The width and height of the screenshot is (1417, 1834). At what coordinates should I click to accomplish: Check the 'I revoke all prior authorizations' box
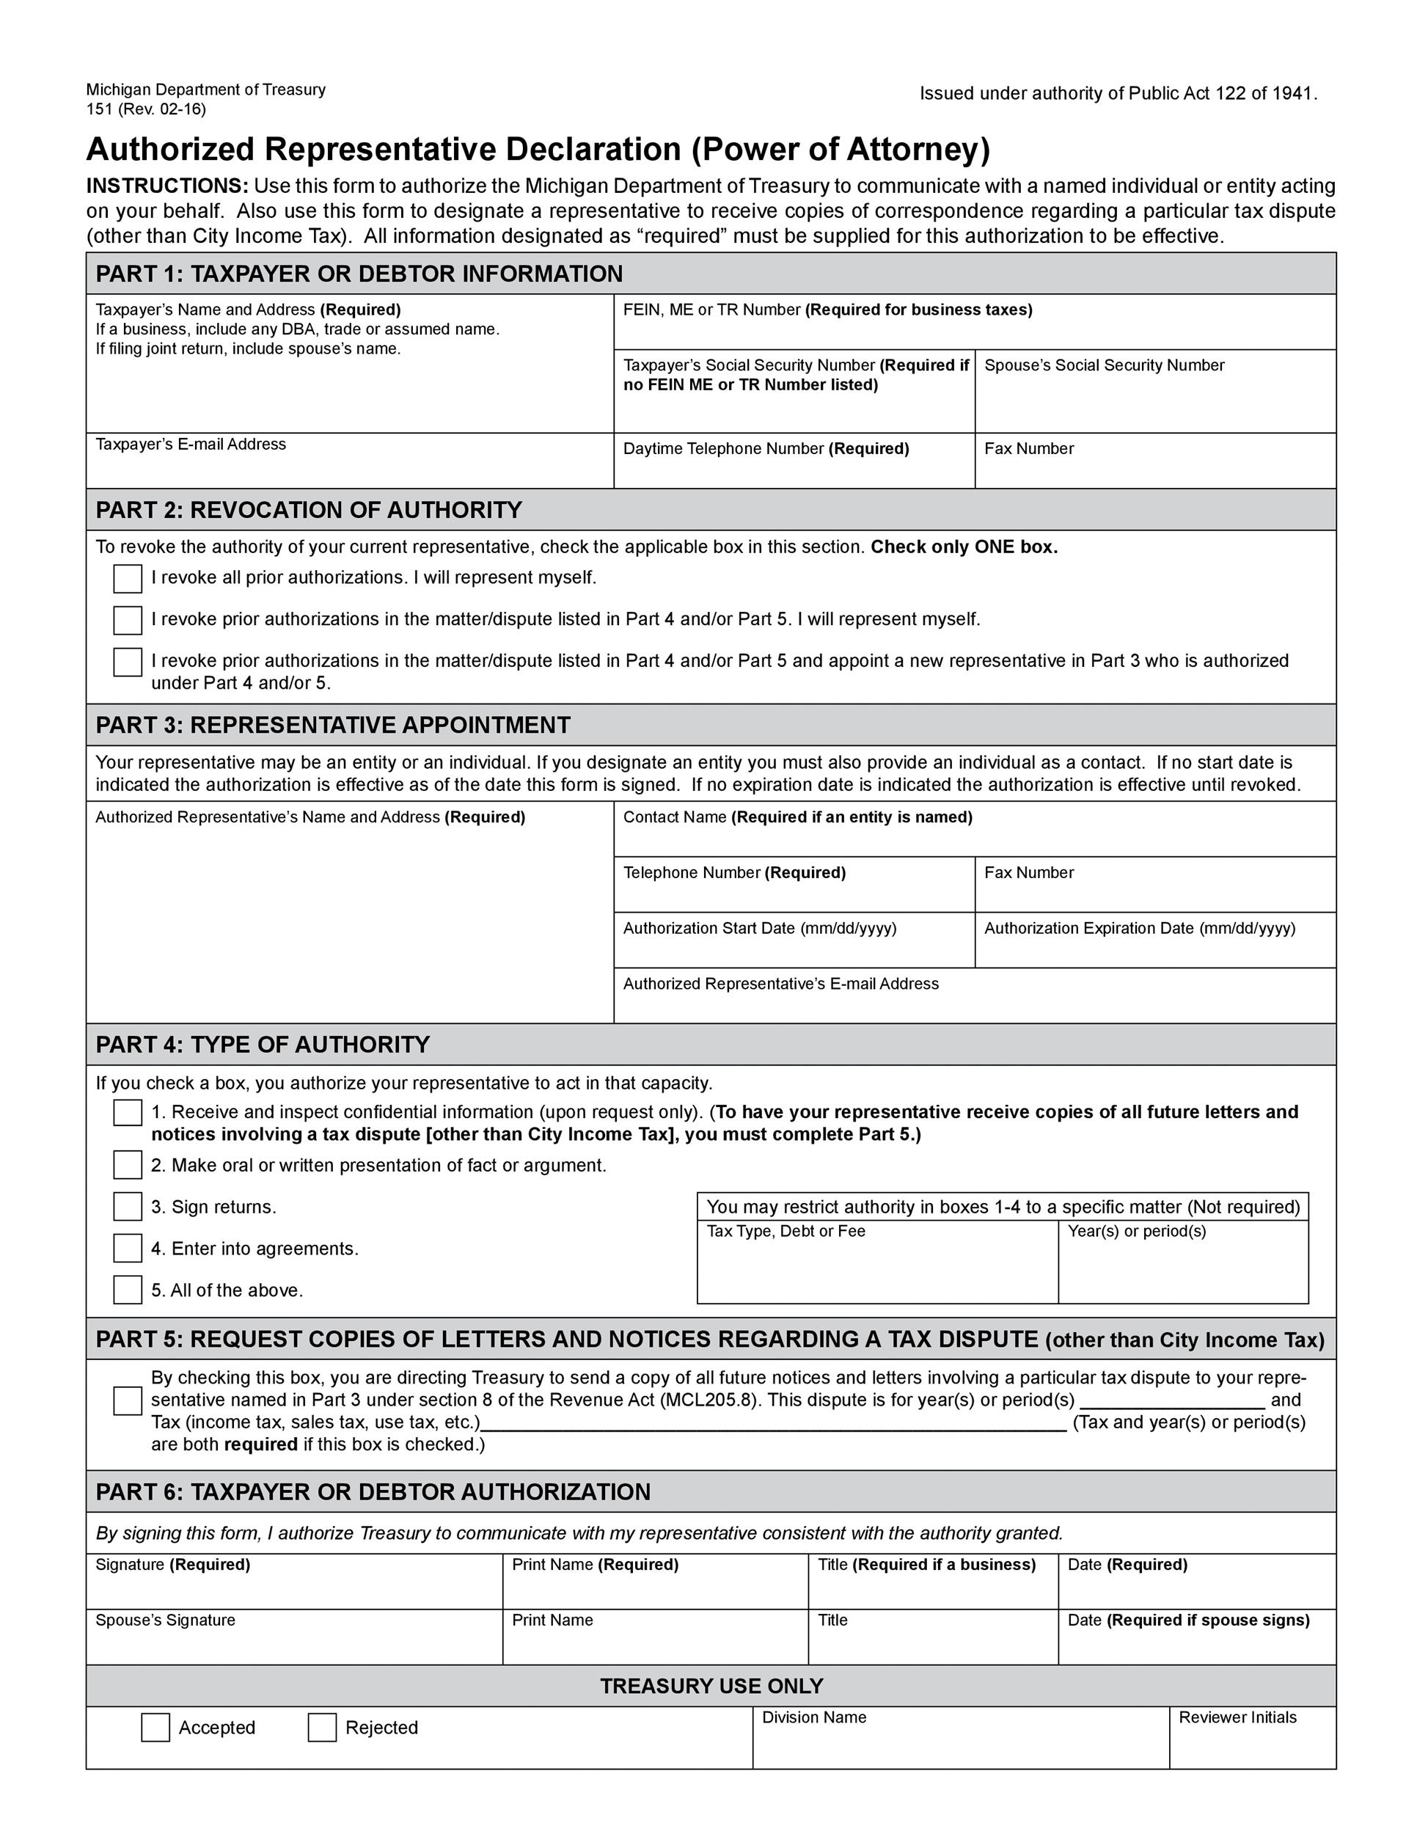click(x=128, y=579)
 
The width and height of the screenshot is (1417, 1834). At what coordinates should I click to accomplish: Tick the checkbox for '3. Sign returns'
click(x=128, y=1207)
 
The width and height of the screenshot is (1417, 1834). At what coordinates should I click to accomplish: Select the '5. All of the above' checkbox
click(x=128, y=1290)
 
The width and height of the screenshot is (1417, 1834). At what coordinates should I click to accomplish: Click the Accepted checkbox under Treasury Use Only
click(x=155, y=1728)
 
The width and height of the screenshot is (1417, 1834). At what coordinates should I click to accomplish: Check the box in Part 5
click(x=128, y=1400)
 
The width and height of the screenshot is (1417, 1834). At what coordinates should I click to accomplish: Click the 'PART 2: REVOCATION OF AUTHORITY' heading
click(x=309, y=510)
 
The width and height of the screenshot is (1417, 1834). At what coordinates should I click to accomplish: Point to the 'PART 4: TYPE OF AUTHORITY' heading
click(x=263, y=1045)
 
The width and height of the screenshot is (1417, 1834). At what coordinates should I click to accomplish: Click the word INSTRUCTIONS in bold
click(x=167, y=186)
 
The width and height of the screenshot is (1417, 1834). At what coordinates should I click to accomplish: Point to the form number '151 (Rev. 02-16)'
click(x=146, y=109)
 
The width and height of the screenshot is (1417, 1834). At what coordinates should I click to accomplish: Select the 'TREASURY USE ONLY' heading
click(x=711, y=1687)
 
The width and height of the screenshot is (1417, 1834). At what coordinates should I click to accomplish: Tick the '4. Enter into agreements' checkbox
click(x=128, y=1248)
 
